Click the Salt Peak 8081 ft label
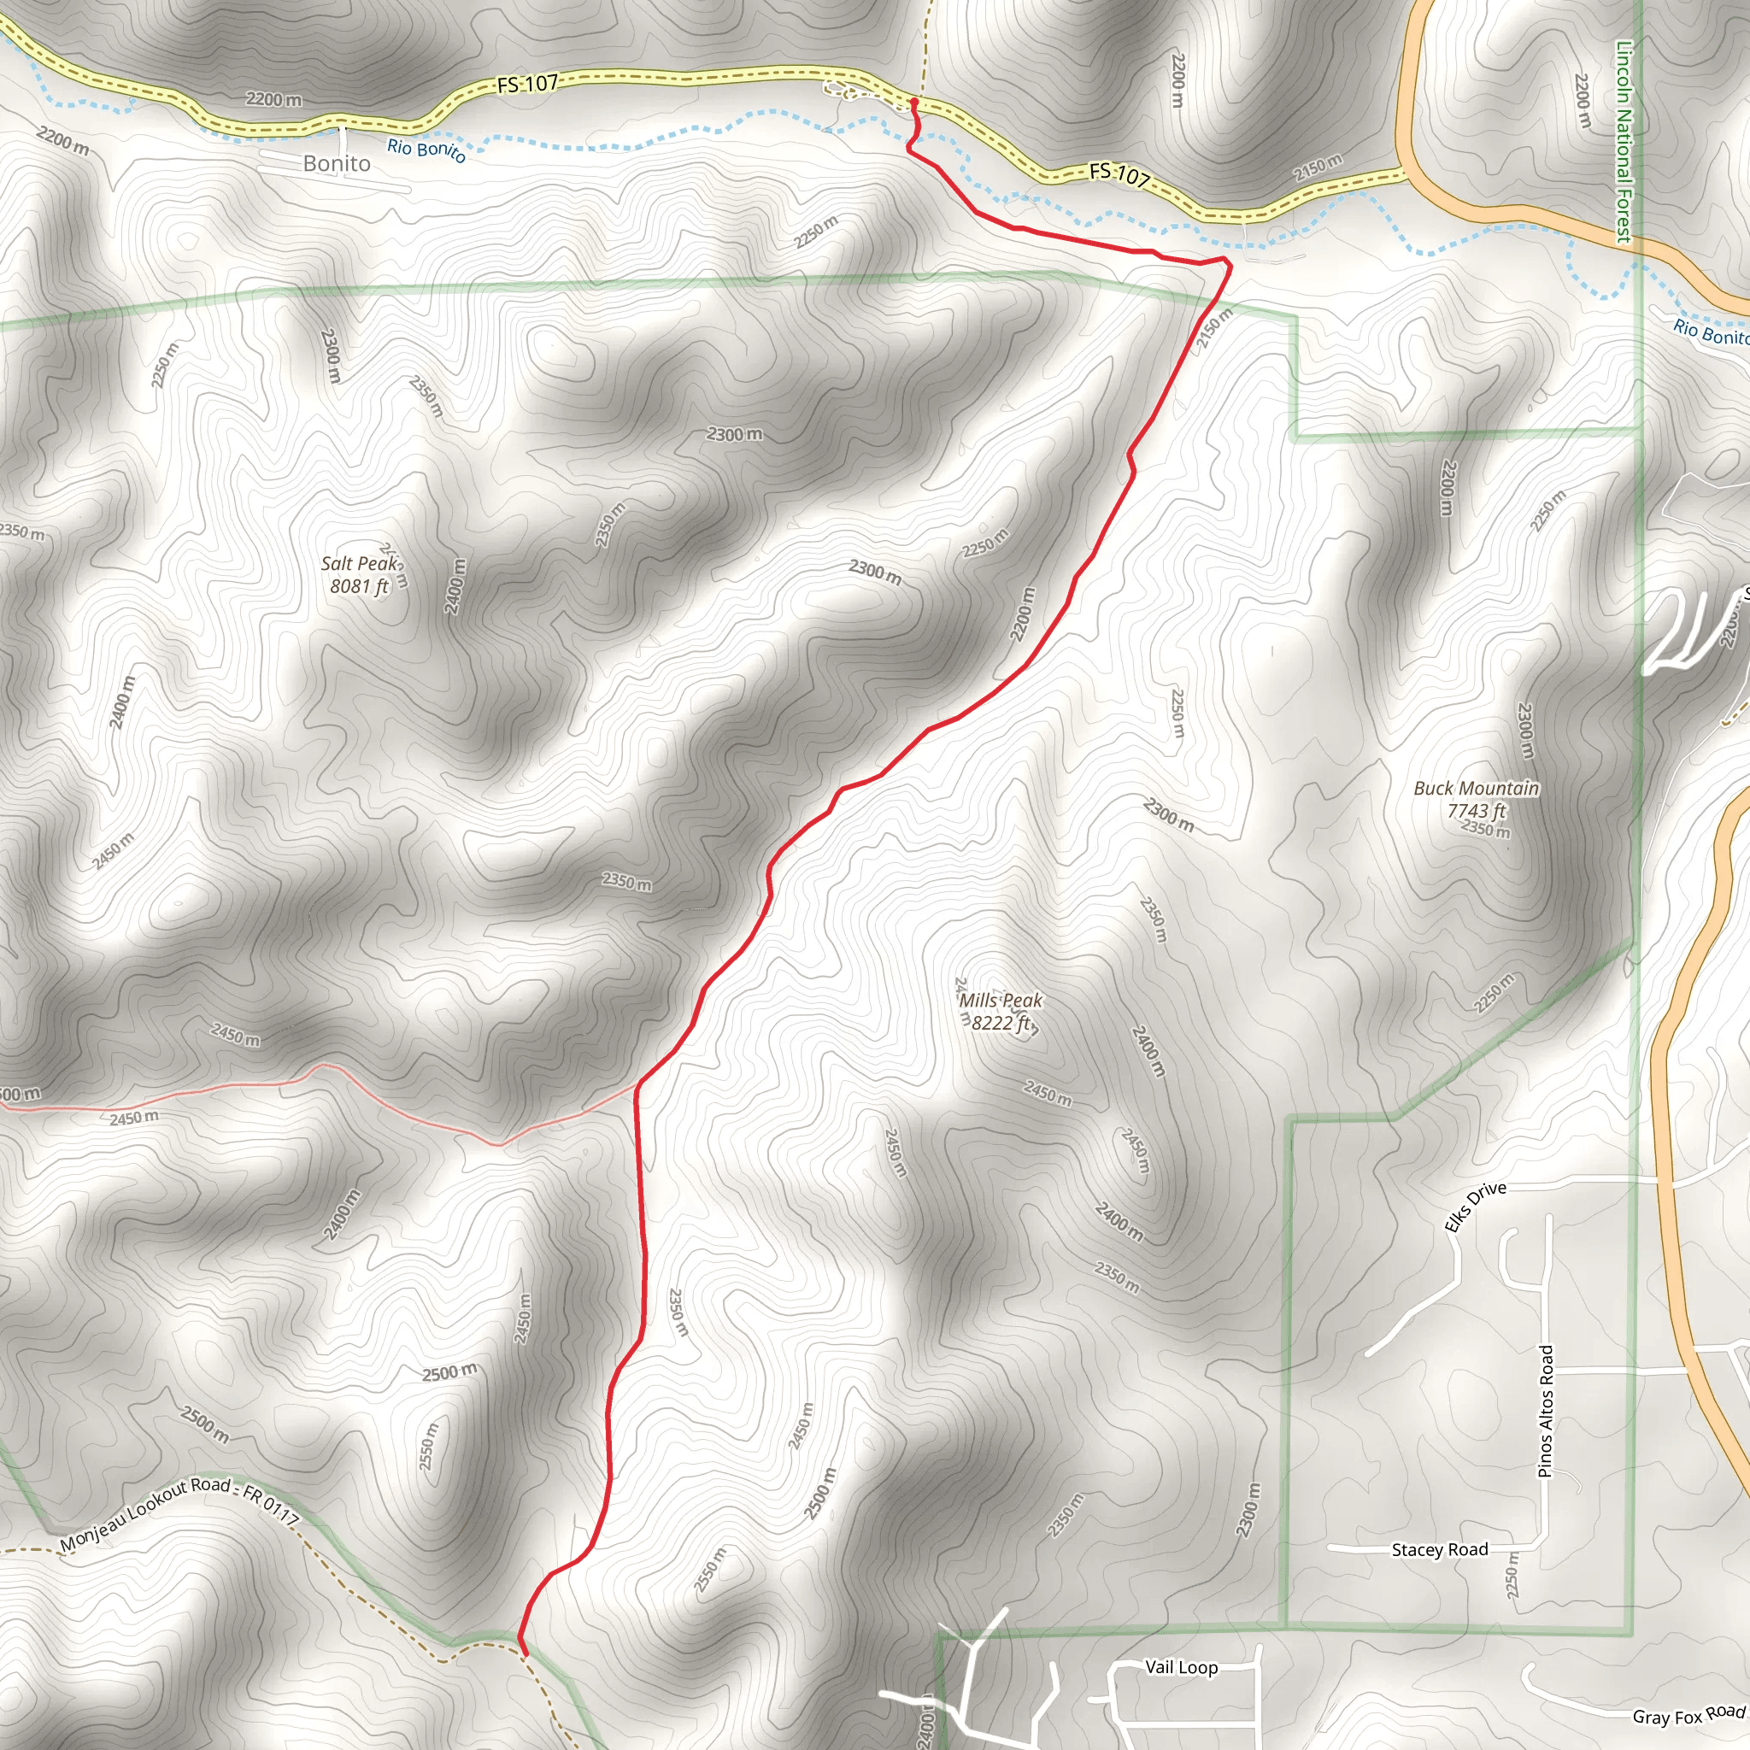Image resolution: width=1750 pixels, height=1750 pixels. [x=359, y=575]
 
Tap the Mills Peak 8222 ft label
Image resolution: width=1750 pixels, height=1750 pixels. [x=1001, y=1012]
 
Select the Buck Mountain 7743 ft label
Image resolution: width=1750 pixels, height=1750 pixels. [x=1476, y=800]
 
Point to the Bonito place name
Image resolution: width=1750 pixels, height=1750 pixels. [x=337, y=163]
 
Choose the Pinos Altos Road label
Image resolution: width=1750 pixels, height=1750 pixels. [x=1545, y=1412]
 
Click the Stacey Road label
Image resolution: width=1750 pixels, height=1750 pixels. [x=1439, y=1550]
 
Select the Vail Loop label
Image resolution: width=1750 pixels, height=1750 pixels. [x=1181, y=1668]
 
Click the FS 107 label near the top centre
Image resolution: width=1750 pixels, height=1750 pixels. [x=527, y=85]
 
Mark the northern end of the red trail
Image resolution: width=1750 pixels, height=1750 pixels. [x=913, y=103]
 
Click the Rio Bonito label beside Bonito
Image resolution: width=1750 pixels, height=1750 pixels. [x=426, y=150]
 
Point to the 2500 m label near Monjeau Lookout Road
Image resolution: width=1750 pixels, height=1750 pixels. [x=205, y=1424]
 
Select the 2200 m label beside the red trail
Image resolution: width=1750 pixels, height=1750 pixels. [x=1023, y=614]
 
